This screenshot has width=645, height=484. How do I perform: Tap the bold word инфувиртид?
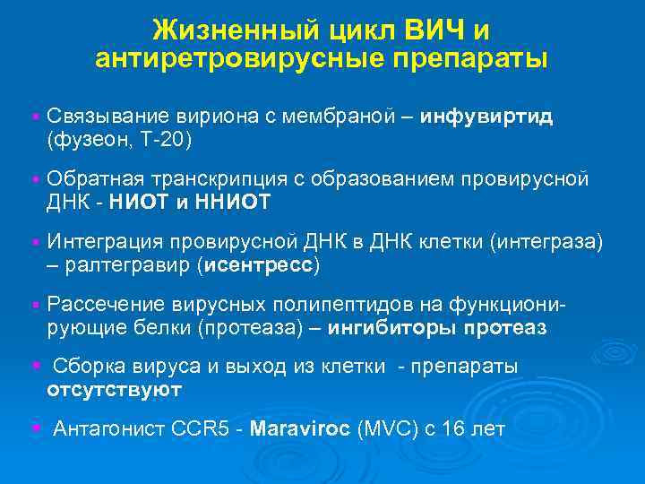[x=487, y=117]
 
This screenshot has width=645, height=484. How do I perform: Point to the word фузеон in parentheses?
[x=84, y=142]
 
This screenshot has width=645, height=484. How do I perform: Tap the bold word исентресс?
[x=261, y=266]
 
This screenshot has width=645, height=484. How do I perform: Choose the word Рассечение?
[x=99, y=303]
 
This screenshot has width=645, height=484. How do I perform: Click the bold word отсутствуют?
[x=114, y=390]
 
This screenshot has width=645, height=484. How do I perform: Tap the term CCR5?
[x=203, y=428]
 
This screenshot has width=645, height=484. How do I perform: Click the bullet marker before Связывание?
[x=33, y=117]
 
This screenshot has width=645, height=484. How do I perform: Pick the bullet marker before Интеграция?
[x=33, y=242]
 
